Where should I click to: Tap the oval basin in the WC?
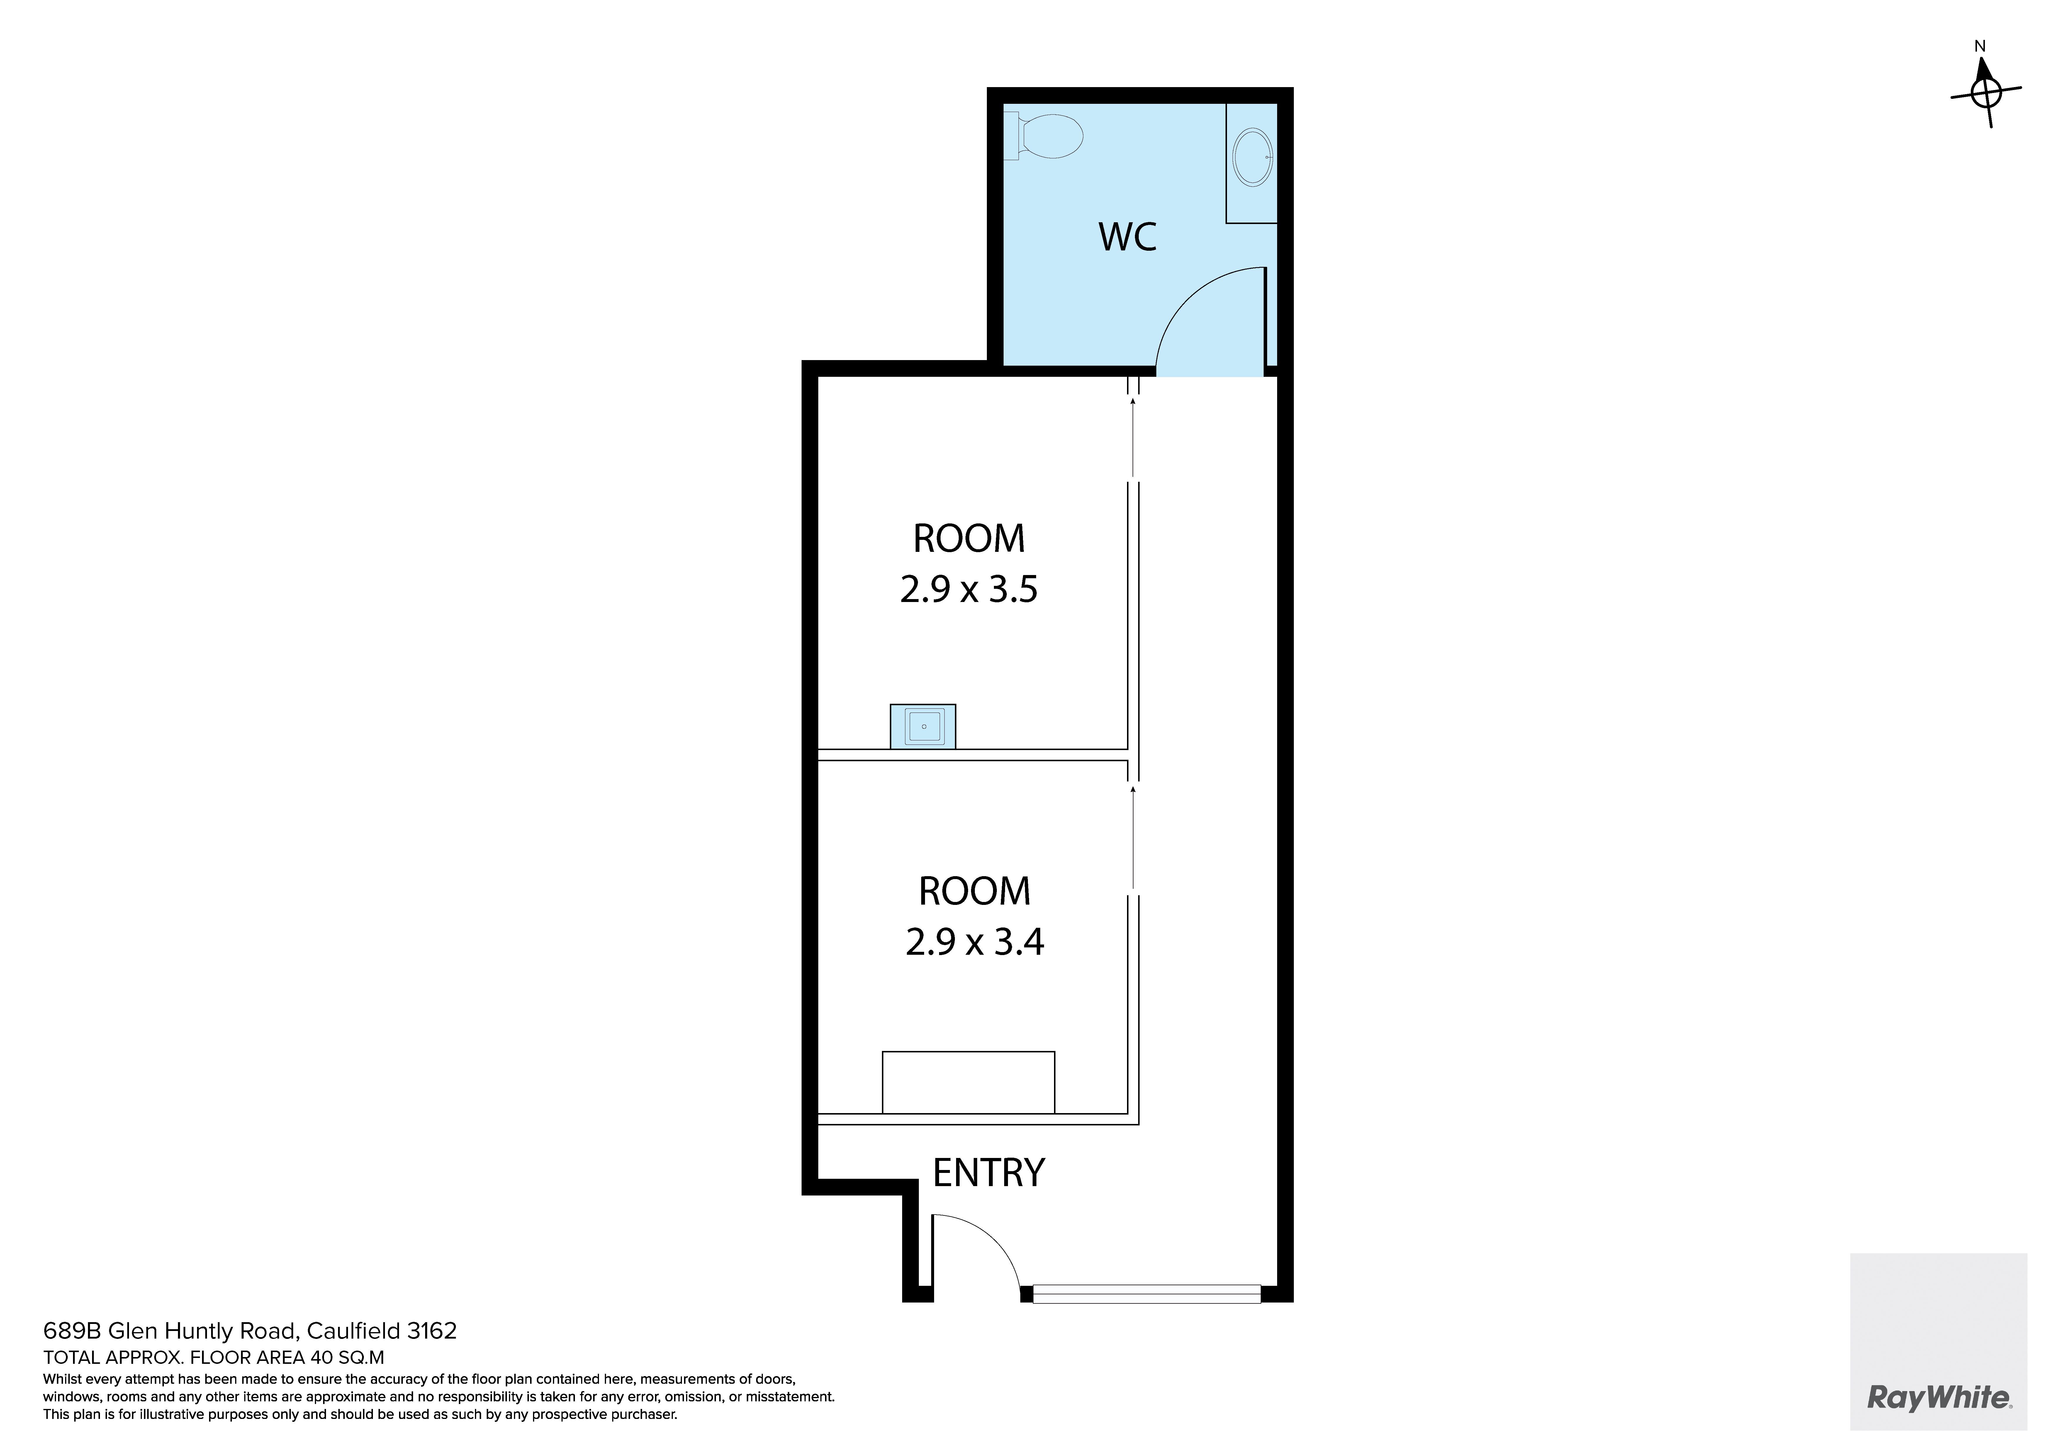(1252, 157)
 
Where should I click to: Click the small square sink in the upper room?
(923, 726)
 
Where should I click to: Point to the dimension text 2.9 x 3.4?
(975, 942)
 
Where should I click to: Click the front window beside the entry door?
(1147, 1294)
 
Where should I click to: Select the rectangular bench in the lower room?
(968, 1082)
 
